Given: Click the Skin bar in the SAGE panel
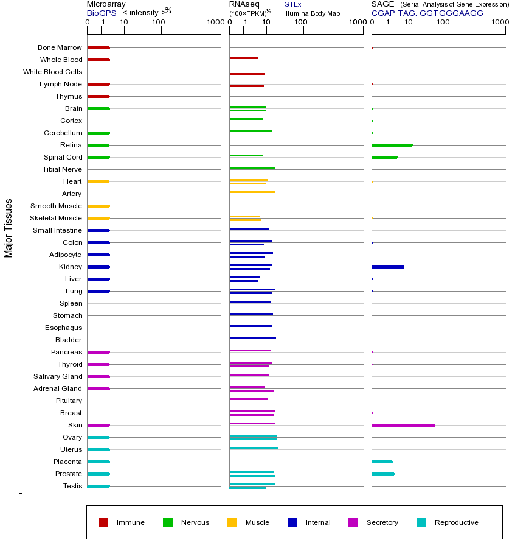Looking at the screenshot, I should coord(403,425).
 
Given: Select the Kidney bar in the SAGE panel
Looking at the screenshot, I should coord(387,267).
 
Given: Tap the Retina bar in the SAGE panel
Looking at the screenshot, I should coord(392,145).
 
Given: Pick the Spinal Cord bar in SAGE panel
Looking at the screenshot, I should coord(384,157).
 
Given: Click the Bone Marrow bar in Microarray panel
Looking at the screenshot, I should coord(98,47).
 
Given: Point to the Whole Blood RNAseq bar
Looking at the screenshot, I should coord(243,58).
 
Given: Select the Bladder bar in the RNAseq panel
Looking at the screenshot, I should coord(252,338).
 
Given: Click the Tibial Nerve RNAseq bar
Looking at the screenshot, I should coord(252,167).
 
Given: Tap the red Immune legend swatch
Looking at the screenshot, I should coord(103,522).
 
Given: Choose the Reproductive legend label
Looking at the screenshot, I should coord(456,522).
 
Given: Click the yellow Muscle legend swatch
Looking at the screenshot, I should coord(232,522).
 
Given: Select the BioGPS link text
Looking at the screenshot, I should coord(101,13).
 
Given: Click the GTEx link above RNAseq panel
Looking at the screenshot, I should coord(292,5).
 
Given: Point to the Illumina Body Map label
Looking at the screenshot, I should coord(312,13).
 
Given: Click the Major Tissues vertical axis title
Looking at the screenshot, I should coord(9,228).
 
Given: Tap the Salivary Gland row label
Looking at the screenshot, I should coord(58,376).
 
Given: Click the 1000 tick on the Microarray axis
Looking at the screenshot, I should coord(215,23).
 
